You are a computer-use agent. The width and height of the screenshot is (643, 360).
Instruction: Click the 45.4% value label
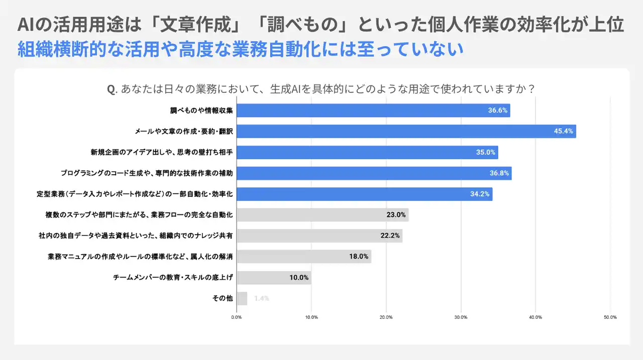pos(564,132)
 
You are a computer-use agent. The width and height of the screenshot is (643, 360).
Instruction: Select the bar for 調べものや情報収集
pos(373,110)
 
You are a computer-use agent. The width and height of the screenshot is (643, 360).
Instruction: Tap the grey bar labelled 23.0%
pos(321,215)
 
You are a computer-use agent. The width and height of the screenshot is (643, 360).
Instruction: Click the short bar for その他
pos(242,298)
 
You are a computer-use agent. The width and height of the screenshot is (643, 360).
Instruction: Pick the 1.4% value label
pos(262,298)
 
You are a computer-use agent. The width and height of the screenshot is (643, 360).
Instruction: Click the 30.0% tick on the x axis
pos(461,317)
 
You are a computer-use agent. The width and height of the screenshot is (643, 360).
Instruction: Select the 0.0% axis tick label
pos(237,317)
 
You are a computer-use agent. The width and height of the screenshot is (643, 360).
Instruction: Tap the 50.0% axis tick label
pos(610,317)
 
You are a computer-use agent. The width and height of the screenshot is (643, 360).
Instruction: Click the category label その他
pos(223,298)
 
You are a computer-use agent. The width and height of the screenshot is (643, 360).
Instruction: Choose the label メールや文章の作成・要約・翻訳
pos(184,132)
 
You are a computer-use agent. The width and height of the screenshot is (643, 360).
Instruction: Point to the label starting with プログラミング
pos(147,173)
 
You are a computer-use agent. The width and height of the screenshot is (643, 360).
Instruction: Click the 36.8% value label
pos(499,173)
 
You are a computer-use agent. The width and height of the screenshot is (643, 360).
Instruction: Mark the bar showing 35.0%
pos(367,152)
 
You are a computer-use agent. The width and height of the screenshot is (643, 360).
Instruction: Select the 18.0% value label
pos(359,257)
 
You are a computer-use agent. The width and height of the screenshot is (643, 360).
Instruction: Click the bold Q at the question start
pos(112,89)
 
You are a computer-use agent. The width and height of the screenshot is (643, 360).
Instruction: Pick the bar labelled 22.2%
pos(319,236)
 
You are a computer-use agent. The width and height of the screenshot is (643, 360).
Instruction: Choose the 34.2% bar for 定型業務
pos(364,194)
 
